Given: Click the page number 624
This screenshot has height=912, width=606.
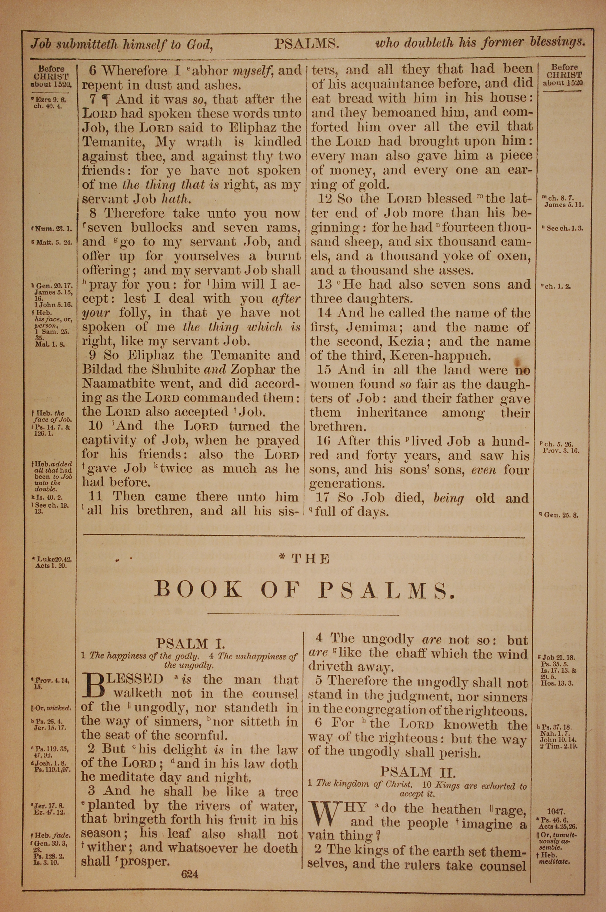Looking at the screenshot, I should [189, 874].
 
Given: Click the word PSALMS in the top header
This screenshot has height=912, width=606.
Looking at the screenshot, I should [307, 44].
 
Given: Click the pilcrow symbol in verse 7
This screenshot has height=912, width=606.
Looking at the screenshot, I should [105, 99].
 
